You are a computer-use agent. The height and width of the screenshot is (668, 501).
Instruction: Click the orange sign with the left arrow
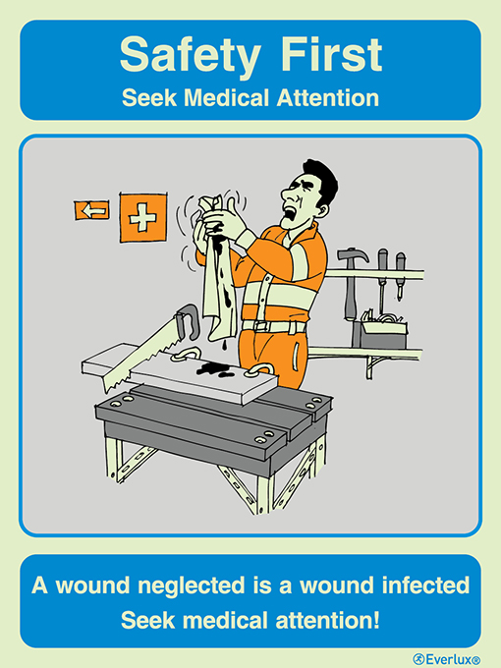pos(91,209)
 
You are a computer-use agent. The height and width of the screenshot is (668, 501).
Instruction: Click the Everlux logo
pos(447,657)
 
